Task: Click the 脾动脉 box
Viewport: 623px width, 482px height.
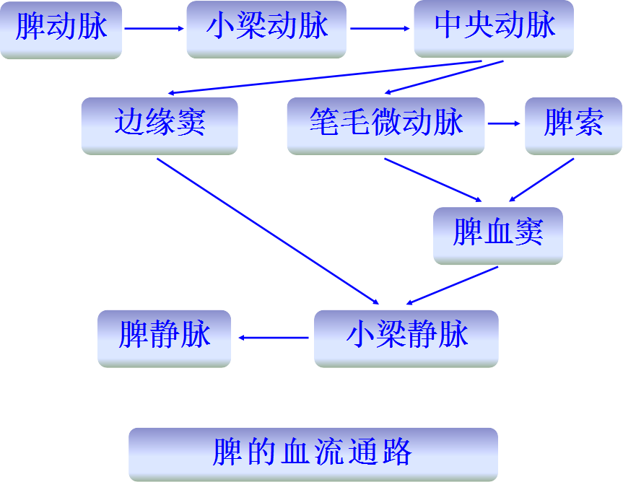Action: tap(61, 29)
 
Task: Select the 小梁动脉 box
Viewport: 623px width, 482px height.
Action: tap(267, 29)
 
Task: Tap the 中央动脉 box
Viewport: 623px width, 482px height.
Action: tap(494, 28)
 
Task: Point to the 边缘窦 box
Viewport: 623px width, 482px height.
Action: tap(160, 124)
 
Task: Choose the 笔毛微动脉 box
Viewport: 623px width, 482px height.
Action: tap(385, 124)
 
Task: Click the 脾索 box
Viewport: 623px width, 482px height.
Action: tap(573, 124)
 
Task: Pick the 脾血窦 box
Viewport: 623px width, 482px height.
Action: tap(497, 235)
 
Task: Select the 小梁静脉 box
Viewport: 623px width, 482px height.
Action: tap(406, 337)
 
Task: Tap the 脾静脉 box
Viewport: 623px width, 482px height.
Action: tap(165, 337)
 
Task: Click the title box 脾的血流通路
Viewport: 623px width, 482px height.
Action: tap(313, 454)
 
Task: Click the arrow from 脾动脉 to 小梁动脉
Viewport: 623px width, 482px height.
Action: tap(154, 29)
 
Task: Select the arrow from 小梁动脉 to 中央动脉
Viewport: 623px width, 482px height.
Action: tap(381, 29)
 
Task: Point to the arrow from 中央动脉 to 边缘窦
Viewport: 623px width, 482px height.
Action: tap(325, 77)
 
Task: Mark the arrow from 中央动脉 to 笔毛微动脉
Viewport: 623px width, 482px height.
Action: tap(444, 77)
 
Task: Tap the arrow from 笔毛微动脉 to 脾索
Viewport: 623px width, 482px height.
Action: tap(504, 123)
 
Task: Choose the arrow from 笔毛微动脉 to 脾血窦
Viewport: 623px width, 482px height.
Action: tap(433, 179)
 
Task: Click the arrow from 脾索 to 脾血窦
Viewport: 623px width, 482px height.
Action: tap(541, 179)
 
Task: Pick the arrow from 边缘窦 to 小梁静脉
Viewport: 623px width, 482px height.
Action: tap(267, 230)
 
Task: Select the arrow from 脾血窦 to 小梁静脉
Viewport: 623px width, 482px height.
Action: tap(453, 285)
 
